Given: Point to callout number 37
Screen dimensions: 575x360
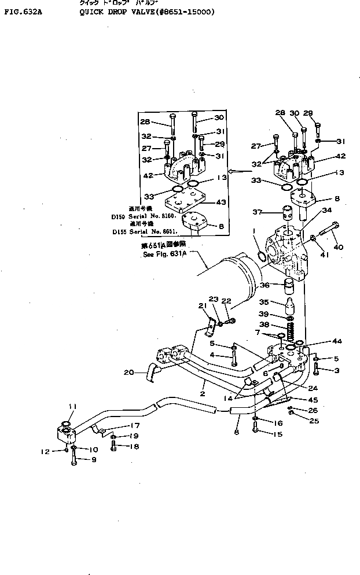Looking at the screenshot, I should tap(258, 212).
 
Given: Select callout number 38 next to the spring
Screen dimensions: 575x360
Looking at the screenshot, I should tap(265, 325).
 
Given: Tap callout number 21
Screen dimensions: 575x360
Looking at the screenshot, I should tap(203, 305).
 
